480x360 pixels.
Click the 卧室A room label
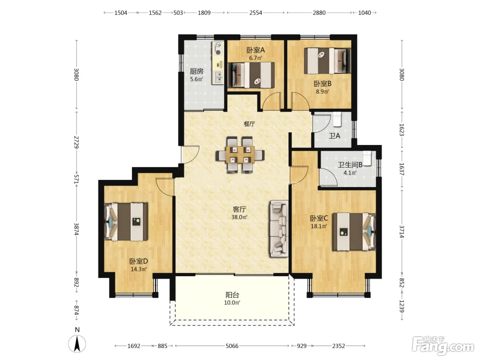click(x=256, y=50)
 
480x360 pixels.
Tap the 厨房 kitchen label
click(x=196, y=71)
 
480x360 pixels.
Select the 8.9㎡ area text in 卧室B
click(x=322, y=91)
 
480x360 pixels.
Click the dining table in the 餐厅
click(x=240, y=155)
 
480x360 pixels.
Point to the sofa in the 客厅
click(x=279, y=228)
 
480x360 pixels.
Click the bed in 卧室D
click(x=126, y=222)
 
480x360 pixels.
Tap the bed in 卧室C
click(x=354, y=232)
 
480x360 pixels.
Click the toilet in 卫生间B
click(x=367, y=158)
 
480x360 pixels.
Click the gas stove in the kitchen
click(x=218, y=49)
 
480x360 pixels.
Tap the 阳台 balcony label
click(x=232, y=295)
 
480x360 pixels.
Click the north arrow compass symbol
click(x=77, y=344)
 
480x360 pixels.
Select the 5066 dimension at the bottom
click(x=232, y=346)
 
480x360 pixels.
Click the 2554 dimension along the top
click(x=256, y=13)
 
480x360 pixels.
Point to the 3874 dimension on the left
click(x=76, y=229)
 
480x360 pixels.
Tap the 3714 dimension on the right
click(x=402, y=231)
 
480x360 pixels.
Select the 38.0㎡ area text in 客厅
click(x=239, y=217)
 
